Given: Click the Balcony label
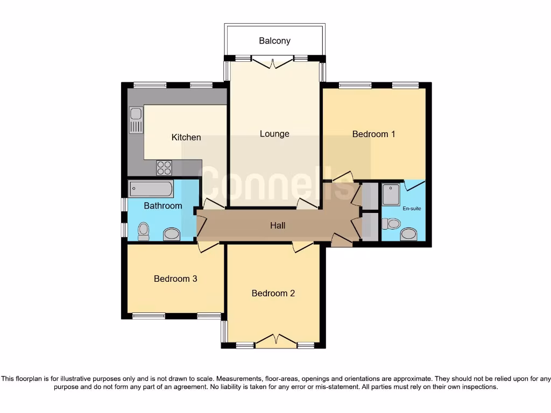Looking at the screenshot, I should [x=274, y=41].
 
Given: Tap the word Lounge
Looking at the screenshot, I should [x=274, y=134].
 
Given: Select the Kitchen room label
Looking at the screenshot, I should [x=186, y=137].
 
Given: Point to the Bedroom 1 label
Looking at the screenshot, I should [x=373, y=134].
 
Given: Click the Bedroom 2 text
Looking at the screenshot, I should [x=273, y=293].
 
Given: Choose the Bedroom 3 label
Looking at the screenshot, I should [x=175, y=279].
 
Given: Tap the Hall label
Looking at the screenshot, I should [x=278, y=226].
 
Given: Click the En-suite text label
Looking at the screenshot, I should [x=412, y=208].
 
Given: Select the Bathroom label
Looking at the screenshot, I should [x=163, y=205].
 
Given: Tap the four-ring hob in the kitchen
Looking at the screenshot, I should [x=164, y=168].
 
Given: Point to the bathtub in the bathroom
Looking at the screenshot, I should [x=151, y=189].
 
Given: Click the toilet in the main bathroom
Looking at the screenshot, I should [x=143, y=231].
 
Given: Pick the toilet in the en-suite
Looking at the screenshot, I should [x=392, y=223].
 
